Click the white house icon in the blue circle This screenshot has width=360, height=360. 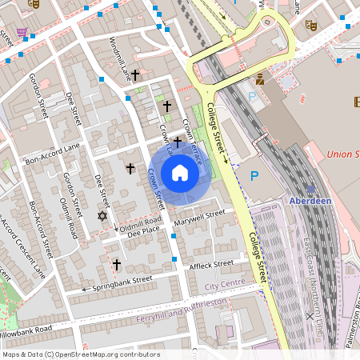pyautogui.click(x=180, y=173)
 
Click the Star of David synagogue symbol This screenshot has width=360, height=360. pyautogui.click(x=102, y=216)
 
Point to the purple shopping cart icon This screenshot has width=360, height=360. pyautogui.click(x=22, y=33)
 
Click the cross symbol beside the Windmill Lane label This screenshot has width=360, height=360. pyautogui.click(x=135, y=75)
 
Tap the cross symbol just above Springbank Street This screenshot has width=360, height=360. pyautogui.click(x=116, y=263)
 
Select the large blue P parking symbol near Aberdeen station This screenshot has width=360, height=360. pyautogui.click(x=255, y=176)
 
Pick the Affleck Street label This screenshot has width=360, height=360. pyautogui.click(x=211, y=263)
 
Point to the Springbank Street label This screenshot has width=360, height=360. pyautogui.click(x=122, y=282)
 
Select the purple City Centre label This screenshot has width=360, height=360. pyautogui.click(x=224, y=285)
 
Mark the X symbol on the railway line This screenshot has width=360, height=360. pyautogui.click(x=310, y=316)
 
